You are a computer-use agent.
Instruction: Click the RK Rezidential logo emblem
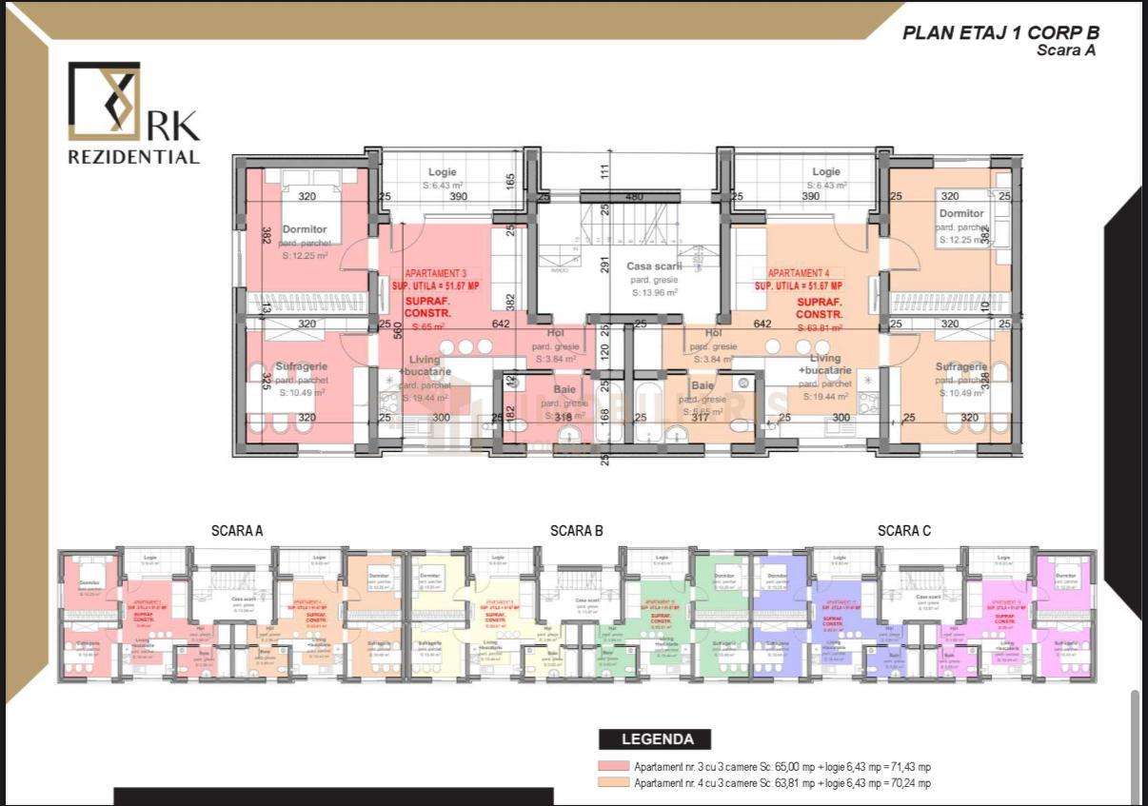click(105, 97)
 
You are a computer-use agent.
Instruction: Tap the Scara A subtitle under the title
click(1065, 51)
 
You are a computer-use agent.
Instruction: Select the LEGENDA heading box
click(657, 738)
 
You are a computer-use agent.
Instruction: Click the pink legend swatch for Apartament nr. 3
click(613, 767)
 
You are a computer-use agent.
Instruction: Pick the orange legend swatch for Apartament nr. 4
click(613, 783)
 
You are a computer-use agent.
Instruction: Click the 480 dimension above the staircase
click(634, 196)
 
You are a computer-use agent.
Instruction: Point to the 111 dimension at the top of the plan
click(604, 170)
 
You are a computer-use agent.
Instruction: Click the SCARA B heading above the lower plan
click(577, 531)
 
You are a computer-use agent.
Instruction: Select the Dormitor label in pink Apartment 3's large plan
click(305, 229)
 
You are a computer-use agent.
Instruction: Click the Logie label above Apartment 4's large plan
click(826, 172)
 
